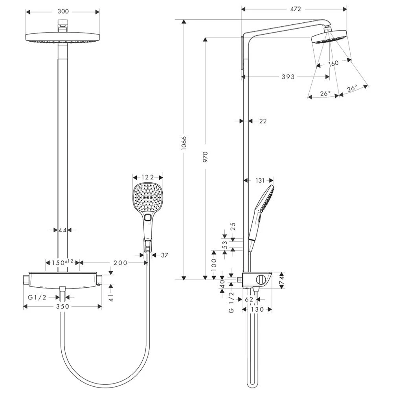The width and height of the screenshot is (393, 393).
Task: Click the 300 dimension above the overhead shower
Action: point(63,11)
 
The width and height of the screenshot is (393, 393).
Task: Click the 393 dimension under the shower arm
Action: point(288,77)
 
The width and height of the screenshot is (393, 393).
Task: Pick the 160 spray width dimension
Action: point(333,63)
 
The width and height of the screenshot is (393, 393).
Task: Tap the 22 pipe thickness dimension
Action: point(263,121)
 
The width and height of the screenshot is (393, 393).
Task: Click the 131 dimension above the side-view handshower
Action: point(259,180)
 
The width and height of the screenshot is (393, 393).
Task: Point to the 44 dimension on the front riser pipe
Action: point(62,230)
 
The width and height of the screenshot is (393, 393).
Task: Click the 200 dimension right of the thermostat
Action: point(120,263)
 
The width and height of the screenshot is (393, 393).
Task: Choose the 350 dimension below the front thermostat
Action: point(62,306)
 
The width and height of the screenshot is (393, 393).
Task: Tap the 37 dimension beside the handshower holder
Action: point(164,255)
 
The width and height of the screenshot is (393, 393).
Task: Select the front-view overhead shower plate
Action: point(63,39)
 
